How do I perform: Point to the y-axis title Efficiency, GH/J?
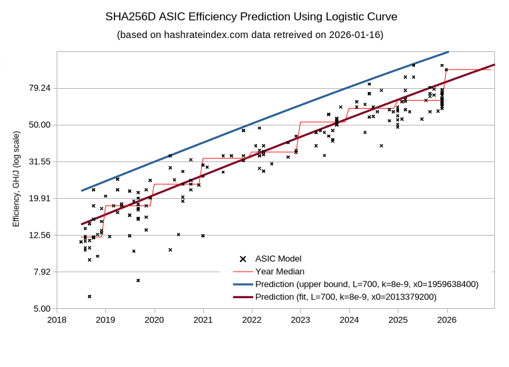[x=17, y=178]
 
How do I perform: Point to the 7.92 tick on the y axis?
[x=42, y=272]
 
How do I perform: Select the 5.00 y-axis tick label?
[x=42, y=308]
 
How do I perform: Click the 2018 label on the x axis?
[x=57, y=320]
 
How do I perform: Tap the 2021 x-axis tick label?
[x=203, y=320]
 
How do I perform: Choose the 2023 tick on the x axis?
[x=300, y=320]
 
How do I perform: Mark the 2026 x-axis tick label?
[x=446, y=320]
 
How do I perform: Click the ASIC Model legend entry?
[x=278, y=259]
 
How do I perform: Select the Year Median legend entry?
[x=280, y=272]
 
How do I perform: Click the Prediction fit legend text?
[x=346, y=297]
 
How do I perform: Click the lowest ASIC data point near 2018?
[x=89, y=296]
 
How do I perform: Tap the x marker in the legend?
[x=243, y=259]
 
